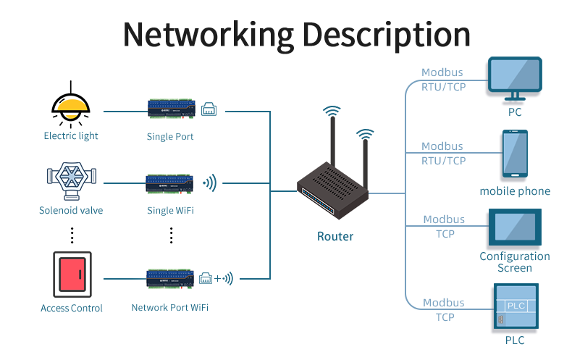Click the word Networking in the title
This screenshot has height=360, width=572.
point(207,34)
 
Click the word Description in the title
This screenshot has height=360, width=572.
point(385,34)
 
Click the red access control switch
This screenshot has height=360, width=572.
point(72,275)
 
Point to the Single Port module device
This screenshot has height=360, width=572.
point(171,109)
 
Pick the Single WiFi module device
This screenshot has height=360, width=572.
point(171,183)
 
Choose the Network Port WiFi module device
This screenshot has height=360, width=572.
point(171,278)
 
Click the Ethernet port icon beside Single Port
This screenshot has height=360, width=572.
point(209,109)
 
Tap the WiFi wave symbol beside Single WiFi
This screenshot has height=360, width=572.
point(210,183)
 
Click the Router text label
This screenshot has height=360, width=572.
point(335,236)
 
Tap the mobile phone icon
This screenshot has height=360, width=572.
point(515,154)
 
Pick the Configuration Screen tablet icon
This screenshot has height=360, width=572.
point(515,227)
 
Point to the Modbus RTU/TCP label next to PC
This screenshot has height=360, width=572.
point(443,80)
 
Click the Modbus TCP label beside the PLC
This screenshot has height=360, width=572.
point(444,309)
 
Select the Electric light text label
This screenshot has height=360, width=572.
point(71,135)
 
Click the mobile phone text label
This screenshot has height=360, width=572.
point(515,191)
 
